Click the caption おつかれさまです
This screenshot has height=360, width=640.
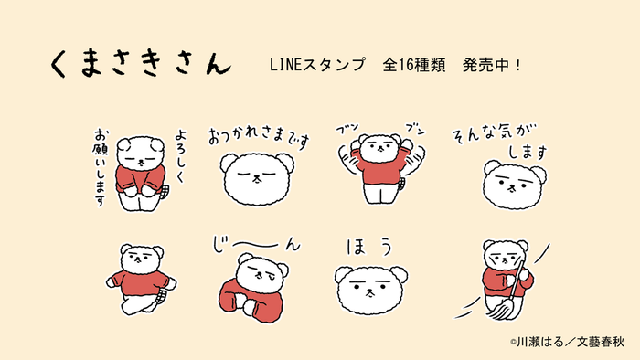pos(259,137)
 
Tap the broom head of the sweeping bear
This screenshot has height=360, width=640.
pos(507,308)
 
